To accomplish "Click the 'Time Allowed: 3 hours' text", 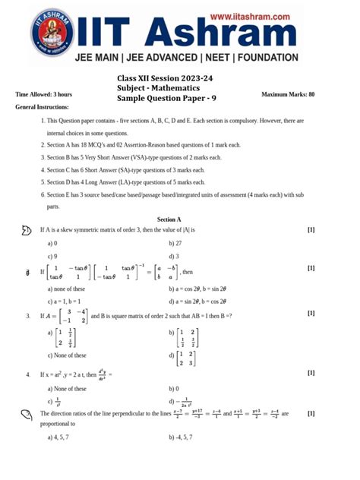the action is (x=44, y=94).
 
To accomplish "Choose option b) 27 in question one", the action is (x=176, y=243).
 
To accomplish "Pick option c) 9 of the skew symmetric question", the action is (x=52, y=256).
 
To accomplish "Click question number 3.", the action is (x=27, y=314).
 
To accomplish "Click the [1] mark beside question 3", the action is (x=311, y=313).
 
